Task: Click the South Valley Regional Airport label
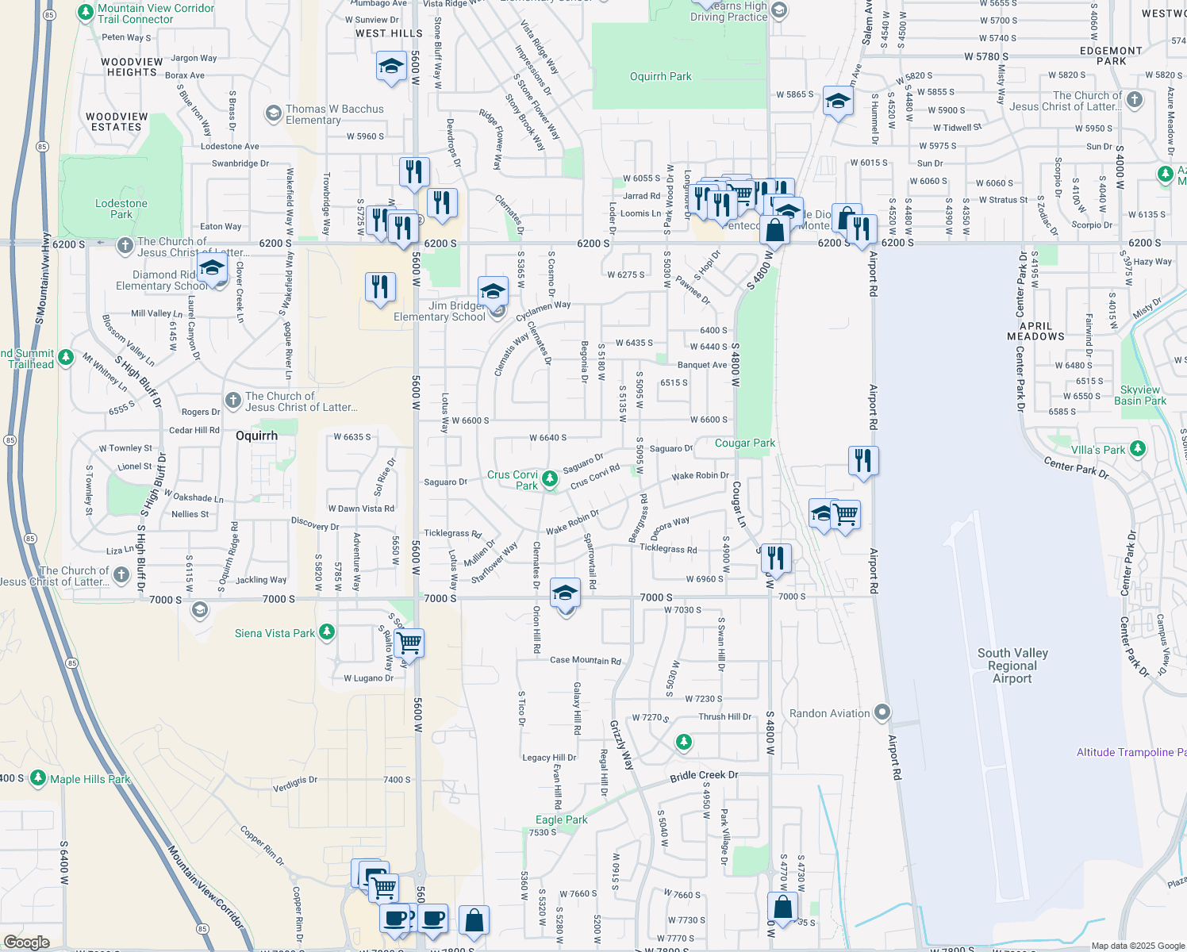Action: click(1012, 666)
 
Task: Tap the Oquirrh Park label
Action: click(660, 77)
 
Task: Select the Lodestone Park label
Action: click(121, 209)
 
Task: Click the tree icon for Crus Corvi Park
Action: click(549, 478)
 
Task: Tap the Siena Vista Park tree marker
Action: click(326, 632)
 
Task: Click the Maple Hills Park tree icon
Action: click(38, 777)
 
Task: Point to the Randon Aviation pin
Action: click(882, 712)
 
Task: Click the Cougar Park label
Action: click(745, 443)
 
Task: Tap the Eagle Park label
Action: click(562, 820)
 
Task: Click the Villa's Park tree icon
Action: click(1138, 449)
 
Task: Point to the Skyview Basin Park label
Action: click(1140, 395)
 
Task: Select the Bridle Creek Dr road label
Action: click(704, 775)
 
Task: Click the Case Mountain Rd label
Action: click(586, 660)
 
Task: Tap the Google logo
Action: click(26, 942)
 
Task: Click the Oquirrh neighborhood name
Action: click(257, 436)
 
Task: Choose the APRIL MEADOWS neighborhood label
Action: click(1035, 331)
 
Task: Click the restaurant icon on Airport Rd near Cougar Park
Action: click(862, 461)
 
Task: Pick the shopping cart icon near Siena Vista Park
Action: click(409, 642)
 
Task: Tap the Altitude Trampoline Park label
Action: click(1131, 752)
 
